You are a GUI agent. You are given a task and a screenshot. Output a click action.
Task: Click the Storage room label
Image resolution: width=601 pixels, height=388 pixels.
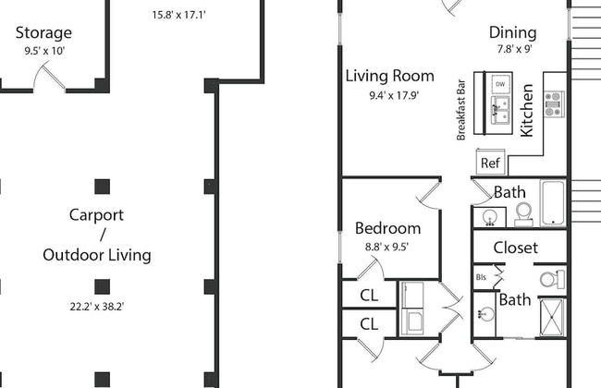[43, 33]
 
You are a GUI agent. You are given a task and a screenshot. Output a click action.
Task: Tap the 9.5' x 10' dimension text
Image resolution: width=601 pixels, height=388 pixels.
[44, 51]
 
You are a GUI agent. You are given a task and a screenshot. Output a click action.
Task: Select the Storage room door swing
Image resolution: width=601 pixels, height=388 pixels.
[49, 79]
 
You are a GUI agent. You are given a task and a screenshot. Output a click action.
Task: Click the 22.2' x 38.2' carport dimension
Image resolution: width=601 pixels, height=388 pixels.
[97, 307]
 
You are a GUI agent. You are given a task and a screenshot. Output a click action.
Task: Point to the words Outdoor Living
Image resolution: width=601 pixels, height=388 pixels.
[97, 256]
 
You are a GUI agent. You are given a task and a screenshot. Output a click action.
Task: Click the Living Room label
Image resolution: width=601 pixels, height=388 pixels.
[390, 76]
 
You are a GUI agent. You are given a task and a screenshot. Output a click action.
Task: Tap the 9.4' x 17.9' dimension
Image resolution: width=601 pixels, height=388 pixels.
[394, 95]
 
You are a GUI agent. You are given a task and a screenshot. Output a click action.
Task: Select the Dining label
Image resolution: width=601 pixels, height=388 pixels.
[513, 33]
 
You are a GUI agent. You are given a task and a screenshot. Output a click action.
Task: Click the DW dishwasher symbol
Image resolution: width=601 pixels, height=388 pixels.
[500, 84]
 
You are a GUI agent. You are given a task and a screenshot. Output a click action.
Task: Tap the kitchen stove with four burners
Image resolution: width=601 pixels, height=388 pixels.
[554, 103]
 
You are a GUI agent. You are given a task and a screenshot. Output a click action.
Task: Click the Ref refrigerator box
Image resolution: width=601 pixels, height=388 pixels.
[491, 163]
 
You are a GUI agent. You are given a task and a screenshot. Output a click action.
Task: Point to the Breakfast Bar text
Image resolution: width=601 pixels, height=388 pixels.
[460, 110]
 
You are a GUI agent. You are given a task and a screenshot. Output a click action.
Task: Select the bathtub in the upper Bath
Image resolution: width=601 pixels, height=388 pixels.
[553, 203]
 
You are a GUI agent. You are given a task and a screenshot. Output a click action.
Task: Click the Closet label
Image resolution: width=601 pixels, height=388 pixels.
[516, 248]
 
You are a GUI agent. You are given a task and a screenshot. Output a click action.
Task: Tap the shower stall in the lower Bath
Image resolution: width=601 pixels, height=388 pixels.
[552, 318]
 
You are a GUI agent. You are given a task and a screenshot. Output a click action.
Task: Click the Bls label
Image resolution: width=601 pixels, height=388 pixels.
[481, 277]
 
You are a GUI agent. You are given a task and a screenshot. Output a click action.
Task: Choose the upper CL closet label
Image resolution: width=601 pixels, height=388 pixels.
[369, 296]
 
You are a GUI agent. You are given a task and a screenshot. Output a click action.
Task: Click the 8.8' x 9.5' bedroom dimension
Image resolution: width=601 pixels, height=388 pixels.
[386, 247]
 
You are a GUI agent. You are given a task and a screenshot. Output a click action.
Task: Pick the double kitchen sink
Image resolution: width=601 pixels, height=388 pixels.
[500, 110]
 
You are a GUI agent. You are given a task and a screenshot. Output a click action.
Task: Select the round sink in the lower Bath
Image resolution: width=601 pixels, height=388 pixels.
[486, 314]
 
